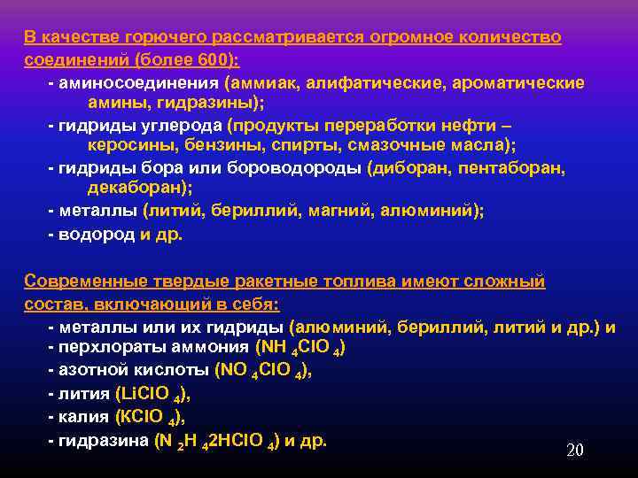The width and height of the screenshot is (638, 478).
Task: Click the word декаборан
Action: click(x=136, y=189)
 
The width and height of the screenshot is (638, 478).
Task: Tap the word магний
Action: click(x=332, y=211)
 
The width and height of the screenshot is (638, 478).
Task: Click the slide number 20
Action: click(x=574, y=451)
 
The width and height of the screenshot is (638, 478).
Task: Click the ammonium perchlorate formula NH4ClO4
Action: click(x=300, y=349)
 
